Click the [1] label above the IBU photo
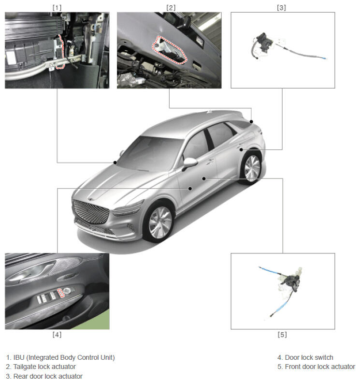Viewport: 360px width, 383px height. pyautogui.click(x=57, y=8)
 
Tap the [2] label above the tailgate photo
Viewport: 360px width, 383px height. pyautogui.click(x=171, y=8)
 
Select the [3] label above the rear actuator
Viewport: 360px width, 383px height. pyautogui.click(x=281, y=8)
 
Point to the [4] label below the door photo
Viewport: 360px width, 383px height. pyautogui.click(x=57, y=334)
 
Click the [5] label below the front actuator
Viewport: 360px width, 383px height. pyautogui.click(x=282, y=334)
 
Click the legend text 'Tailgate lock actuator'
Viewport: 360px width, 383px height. pyautogui.click(x=44, y=367)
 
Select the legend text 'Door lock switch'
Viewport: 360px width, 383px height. pyautogui.click(x=309, y=357)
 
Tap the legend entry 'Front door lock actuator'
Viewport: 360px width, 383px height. pyautogui.click(x=320, y=367)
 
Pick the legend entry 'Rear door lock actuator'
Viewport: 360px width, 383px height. pyautogui.click(x=48, y=376)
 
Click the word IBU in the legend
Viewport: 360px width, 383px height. pyautogui.click(x=19, y=357)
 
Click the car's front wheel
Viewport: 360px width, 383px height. pyautogui.click(x=160, y=222)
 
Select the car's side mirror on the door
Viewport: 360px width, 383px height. pyautogui.click(x=189, y=163)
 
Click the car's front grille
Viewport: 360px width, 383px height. pyautogui.click(x=90, y=211)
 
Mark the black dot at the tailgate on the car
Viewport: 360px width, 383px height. pyautogui.click(x=251, y=121)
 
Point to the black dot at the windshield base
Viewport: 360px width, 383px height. pyautogui.click(x=115, y=162)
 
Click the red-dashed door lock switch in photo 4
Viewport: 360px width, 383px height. pyautogui.click(x=60, y=293)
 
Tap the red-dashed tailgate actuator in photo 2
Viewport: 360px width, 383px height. pyautogui.click(x=170, y=50)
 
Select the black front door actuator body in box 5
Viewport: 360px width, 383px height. pyautogui.click(x=292, y=282)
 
